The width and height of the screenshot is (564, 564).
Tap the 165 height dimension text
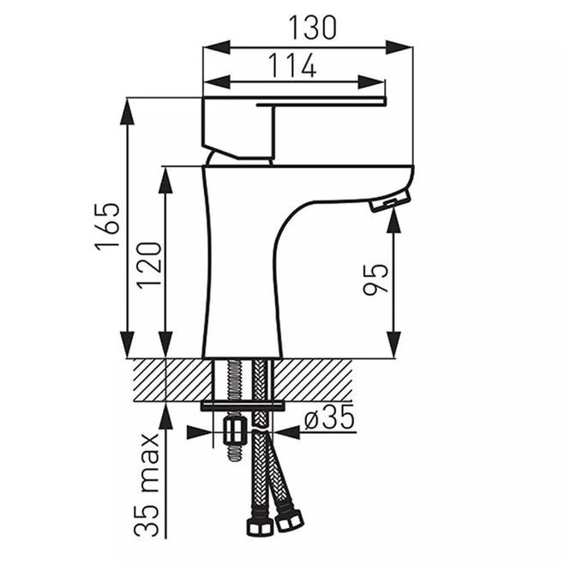point(106,227)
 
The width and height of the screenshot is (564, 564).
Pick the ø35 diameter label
point(329,420)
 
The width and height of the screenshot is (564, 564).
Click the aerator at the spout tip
point(388,203)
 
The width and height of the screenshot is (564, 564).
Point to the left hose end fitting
point(255,523)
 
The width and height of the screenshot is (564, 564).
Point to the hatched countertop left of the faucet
point(167,377)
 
